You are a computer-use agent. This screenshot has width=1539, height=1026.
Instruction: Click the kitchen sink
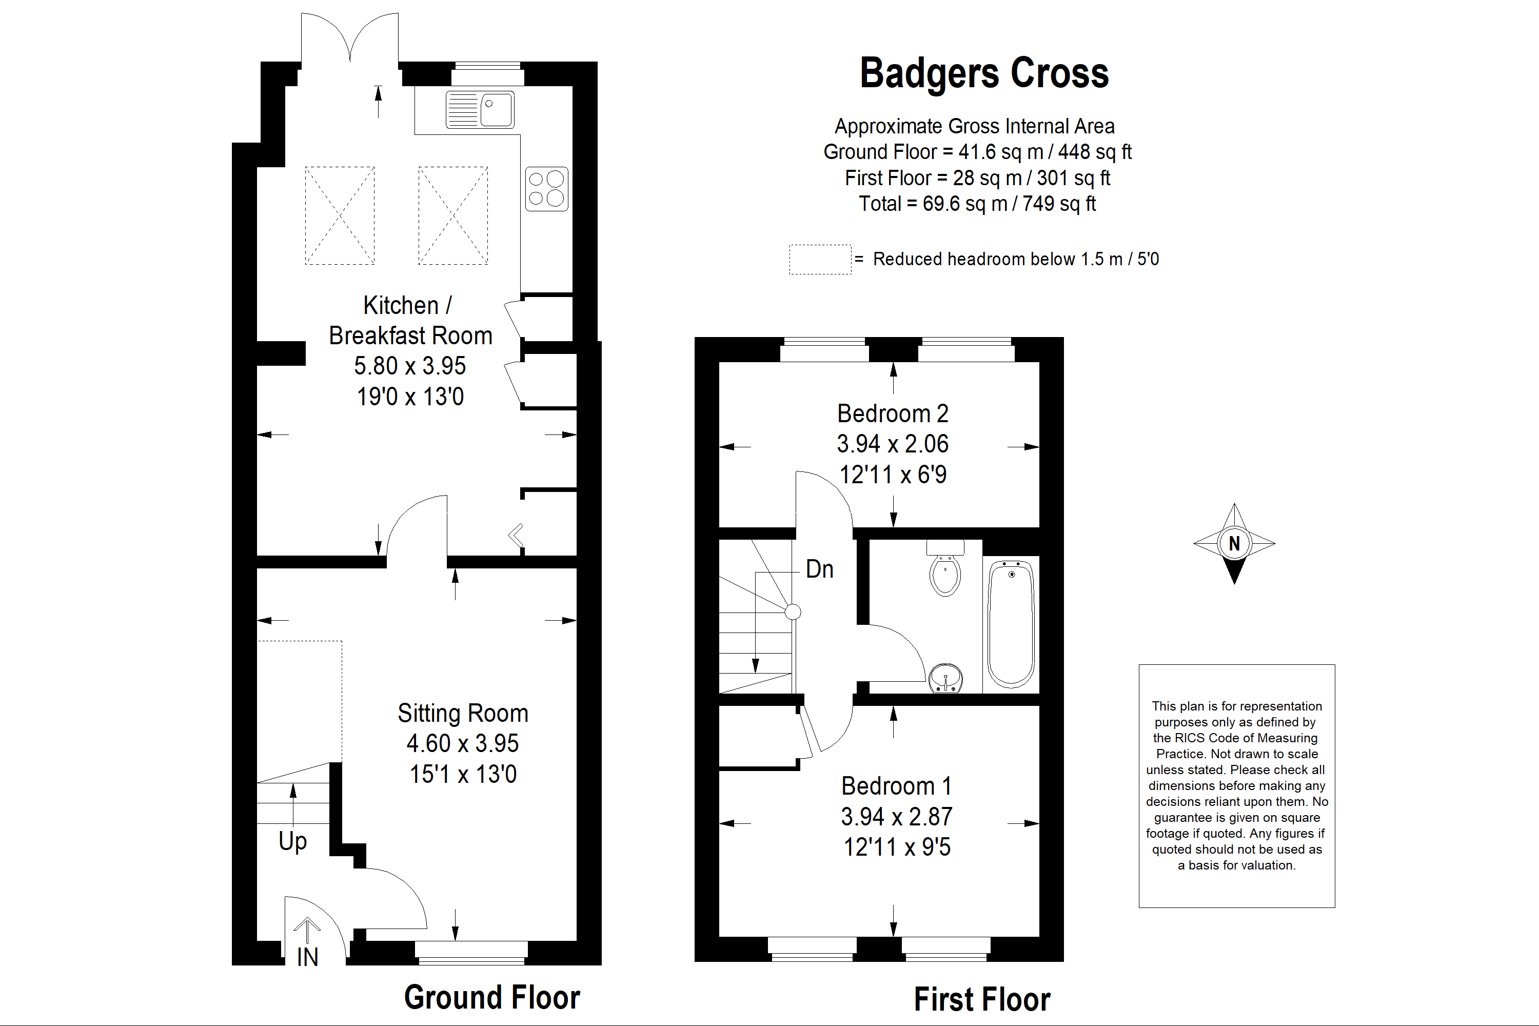pos(480,109)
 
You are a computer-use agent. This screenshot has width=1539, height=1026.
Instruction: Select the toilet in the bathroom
pos(945,568)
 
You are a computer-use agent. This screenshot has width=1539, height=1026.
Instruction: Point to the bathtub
pos(1011,624)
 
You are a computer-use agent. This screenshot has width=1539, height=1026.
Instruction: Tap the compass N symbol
pos(1234,543)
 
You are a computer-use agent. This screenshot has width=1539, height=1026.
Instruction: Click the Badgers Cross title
pos(984,73)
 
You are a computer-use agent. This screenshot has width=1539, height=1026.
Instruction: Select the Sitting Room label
pos(463,713)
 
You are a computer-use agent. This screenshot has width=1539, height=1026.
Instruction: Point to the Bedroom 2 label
pos(893,413)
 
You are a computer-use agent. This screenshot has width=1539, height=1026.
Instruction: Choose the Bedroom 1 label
pos(896,786)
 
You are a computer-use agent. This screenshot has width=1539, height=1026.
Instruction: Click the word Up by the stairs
pos(292,841)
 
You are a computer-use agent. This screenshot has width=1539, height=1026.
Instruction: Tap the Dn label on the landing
pos(819,569)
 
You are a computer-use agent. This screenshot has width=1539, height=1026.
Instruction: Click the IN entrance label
pos(307,957)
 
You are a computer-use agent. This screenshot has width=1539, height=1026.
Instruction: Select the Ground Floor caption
pos(492,997)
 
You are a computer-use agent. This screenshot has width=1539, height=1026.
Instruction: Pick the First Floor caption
pos(982,1000)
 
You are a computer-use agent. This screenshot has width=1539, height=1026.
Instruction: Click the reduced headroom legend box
pos(820,260)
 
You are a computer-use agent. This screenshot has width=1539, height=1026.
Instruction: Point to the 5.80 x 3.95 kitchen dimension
pos(409,366)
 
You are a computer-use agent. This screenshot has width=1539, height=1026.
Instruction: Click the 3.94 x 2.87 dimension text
pos(896,817)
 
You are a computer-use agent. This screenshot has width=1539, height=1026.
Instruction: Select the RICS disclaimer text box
pos(1237,786)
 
